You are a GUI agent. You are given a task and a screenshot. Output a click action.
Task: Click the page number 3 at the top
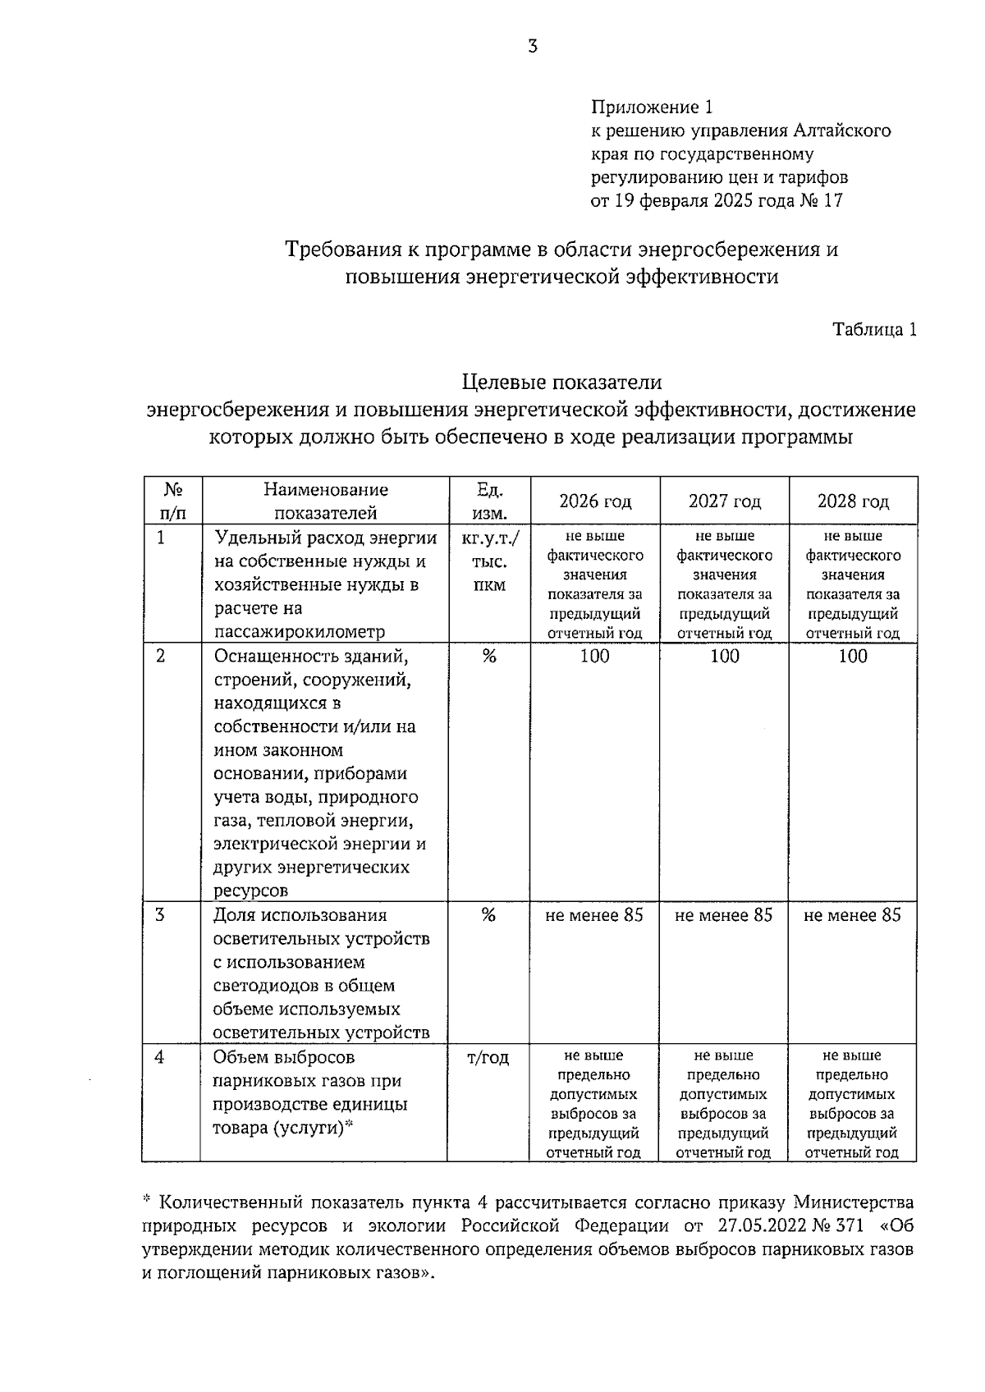[533, 47]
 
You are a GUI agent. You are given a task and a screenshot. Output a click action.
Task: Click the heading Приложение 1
[653, 108]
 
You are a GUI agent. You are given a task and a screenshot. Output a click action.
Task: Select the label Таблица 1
[874, 330]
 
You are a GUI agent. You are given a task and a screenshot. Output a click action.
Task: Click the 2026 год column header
[595, 501]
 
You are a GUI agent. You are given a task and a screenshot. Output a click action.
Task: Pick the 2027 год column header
[724, 501]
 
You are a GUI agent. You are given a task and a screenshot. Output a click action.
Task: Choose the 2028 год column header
[853, 501]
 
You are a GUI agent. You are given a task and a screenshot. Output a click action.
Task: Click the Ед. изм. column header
[490, 501]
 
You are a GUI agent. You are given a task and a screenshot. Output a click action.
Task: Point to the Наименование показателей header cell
[325, 501]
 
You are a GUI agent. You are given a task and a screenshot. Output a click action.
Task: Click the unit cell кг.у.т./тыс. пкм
[490, 562]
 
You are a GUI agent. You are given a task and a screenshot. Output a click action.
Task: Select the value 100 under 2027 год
[724, 656]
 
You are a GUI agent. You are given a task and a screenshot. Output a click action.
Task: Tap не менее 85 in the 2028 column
[853, 915]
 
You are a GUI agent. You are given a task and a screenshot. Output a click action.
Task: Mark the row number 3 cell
[160, 914]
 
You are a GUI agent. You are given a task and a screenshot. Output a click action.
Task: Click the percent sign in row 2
[489, 656]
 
